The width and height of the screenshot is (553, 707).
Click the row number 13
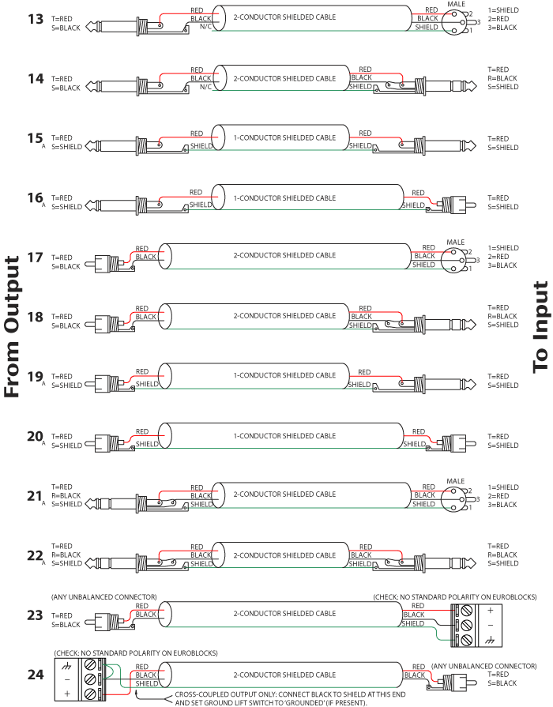pos(35,18)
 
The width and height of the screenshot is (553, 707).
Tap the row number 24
pos(35,675)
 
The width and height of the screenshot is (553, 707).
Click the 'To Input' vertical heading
pos(541,315)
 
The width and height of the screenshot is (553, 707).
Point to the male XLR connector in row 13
pos(456,18)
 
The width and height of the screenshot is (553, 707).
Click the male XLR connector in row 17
pos(456,256)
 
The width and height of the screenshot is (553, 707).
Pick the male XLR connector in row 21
pos(456,495)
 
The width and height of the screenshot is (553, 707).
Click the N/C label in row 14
pos(205,87)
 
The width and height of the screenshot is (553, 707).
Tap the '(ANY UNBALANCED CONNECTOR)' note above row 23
pos(103,596)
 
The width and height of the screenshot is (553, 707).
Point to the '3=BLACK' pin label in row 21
pos(503,504)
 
